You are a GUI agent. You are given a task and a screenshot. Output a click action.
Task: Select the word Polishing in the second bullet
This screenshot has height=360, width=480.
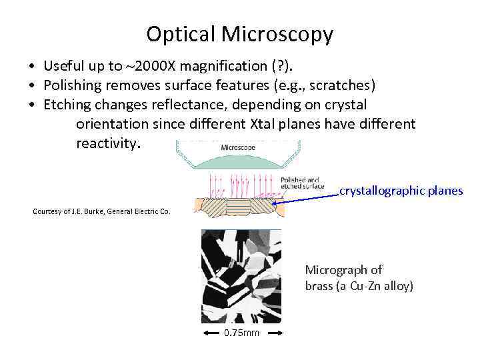click(x=72, y=85)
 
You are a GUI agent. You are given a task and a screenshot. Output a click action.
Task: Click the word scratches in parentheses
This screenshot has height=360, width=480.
click(x=341, y=85)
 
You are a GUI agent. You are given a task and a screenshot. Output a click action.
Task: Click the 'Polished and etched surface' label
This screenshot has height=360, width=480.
click(x=302, y=183)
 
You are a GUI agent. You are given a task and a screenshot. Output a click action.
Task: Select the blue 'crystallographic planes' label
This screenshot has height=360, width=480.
click(x=401, y=191)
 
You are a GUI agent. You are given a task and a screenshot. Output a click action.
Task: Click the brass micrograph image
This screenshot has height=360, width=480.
click(x=241, y=276)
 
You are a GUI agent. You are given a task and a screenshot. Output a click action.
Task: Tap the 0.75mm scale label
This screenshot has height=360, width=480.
click(x=241, y=333)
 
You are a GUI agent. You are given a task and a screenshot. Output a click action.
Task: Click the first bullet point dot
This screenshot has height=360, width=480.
click(x=32, y=67)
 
